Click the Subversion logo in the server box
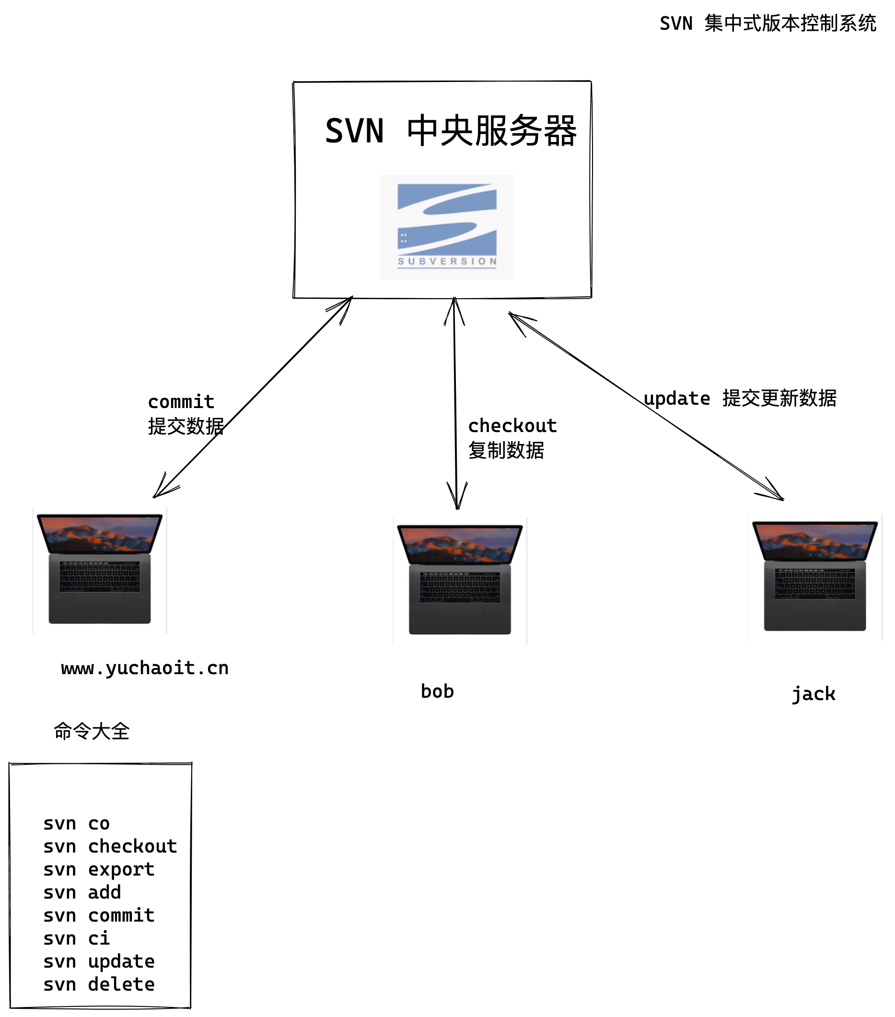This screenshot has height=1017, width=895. coord(446,227)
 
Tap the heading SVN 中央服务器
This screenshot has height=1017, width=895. coord(450,131)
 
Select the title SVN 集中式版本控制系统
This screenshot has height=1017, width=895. coord(767,23)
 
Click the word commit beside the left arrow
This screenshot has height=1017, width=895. coord(181,401)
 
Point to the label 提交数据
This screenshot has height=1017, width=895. coord(186,426)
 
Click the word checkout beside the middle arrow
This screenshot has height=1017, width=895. coord(512,425)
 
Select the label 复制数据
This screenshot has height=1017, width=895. coord(505,450)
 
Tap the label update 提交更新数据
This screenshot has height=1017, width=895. coord(739,398)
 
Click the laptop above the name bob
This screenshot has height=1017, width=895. coord(460,580)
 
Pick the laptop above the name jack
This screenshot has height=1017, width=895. coord(814,576)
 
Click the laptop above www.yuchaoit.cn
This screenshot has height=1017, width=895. coord(100,569)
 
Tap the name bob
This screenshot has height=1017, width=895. coord(437,691)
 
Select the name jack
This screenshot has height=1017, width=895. coord(813,694)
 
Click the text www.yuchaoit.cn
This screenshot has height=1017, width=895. coord(145,668)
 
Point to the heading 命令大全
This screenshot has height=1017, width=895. coord(92,731)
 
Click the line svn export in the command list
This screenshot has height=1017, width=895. coord(98,869)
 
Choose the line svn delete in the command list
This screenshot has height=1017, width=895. coord(98,984)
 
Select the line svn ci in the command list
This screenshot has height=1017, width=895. coord(76,938)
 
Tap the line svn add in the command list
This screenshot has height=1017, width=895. coord(82,892)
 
